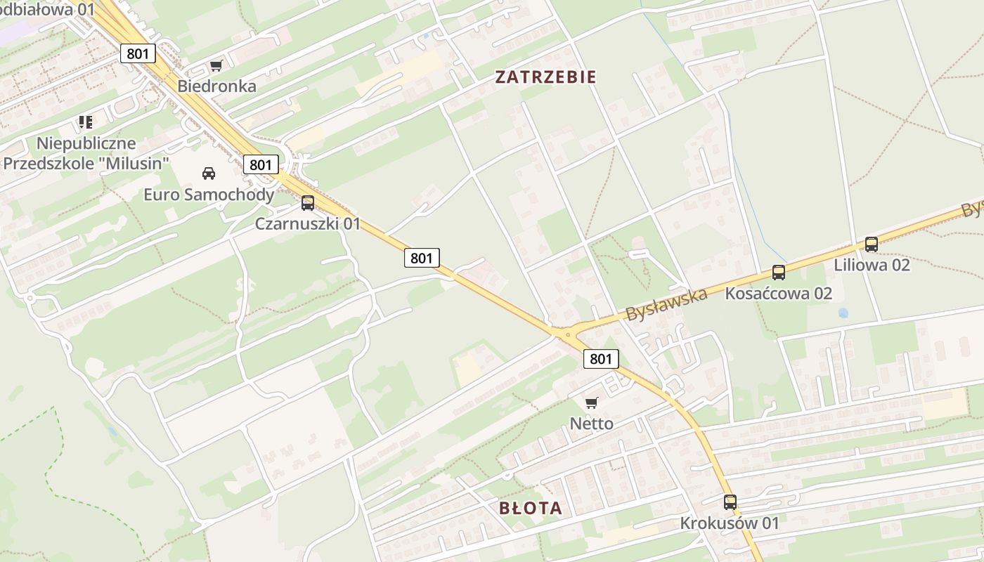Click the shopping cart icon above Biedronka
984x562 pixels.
pyautogui.click(x=216, y=66)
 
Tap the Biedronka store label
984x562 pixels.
pyautogui.click(x=216, y=86)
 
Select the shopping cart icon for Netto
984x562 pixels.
pyautogui.click(x=591, y=403)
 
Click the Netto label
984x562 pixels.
pyautogui.click(x=591, y=424)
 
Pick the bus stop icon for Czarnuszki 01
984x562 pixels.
pyautogui.click(x=308, y=203)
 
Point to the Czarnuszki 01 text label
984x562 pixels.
pyautogui.click(x=308, y=224)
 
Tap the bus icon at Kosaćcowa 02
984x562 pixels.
pyautogui.click(x=779, y=272)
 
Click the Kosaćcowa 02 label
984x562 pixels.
pyautogui.click(x=779, y=293)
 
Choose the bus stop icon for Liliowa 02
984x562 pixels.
pyautogui.click(x=872, y=244)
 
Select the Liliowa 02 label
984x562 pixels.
pyautogui.click(x=872, y=265)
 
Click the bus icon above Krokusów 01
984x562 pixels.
pyautogui.click(x=730, y=502)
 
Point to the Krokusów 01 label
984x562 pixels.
pyautogui.click(x=730, y=523)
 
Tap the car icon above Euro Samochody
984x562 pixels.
pyautogui.click(x=209, y=173)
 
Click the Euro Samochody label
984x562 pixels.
pyautogui.click(x=209, y=194)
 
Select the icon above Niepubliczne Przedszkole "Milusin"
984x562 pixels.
pyautogui.click(x=86, y=123)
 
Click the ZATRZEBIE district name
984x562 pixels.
pyautogui.click(x=546, y=77)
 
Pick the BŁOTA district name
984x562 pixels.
pyautogui.click(x=531, y=508)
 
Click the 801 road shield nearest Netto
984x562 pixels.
pyautogui.click(x=601, y=359)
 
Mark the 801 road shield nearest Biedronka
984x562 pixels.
pyautogui.click(x=138, y=53)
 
